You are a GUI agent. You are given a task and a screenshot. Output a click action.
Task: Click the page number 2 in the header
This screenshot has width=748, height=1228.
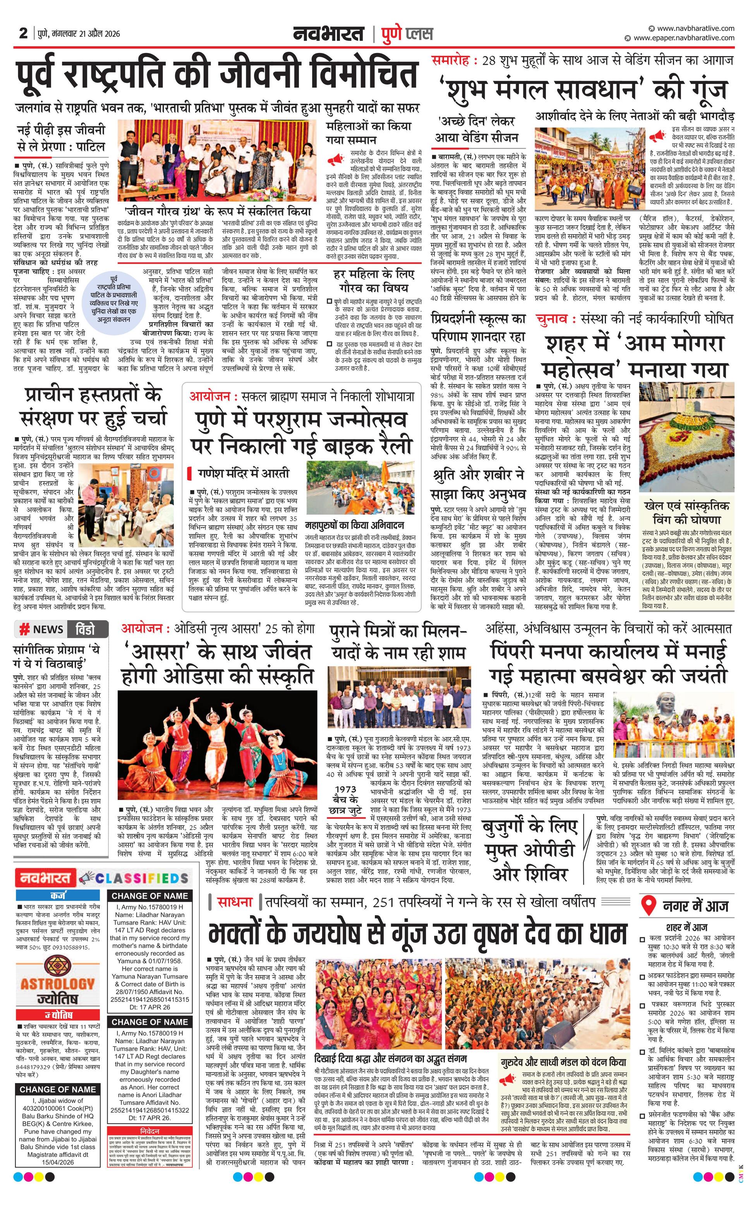[23, 33]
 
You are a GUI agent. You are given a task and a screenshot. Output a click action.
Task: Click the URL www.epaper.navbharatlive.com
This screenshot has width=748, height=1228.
[683, 38]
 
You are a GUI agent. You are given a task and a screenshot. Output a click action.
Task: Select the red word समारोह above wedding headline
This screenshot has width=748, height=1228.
[451, 61]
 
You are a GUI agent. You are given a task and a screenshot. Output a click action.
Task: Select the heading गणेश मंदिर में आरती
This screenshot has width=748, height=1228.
[243, 473]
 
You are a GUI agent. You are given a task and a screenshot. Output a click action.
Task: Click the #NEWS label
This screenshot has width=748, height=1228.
[41, 629]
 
